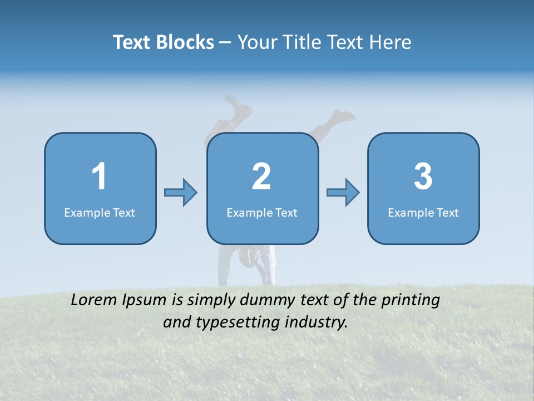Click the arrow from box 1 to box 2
(181, 193)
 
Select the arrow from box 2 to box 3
(343, 193)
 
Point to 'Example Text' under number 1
(100, 212)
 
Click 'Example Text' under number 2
(262, 212)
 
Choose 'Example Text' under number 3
(423, 212)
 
